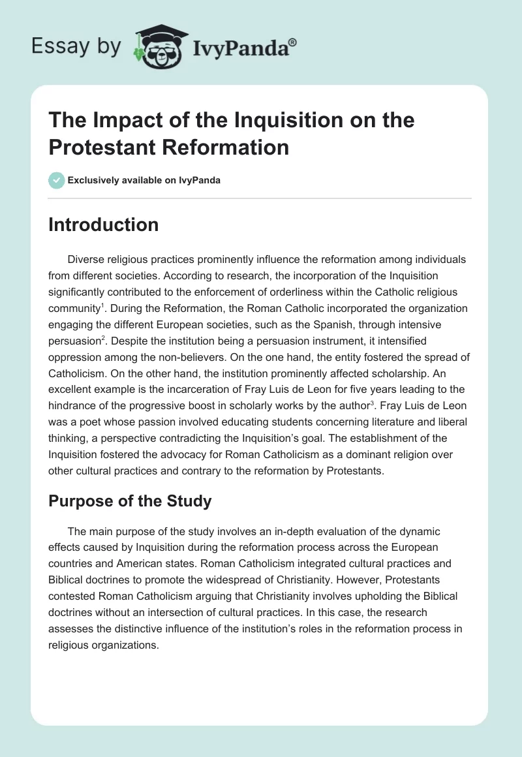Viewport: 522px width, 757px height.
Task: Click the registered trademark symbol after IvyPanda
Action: (x=293, y=42)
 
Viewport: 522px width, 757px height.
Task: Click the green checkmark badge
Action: (x=57, y=180)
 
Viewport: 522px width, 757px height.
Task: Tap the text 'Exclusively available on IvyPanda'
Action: (x=144, y=180)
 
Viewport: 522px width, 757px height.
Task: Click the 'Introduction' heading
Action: (x=104, y=224)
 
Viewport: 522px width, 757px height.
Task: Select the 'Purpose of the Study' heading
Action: (x=130, y=501)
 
